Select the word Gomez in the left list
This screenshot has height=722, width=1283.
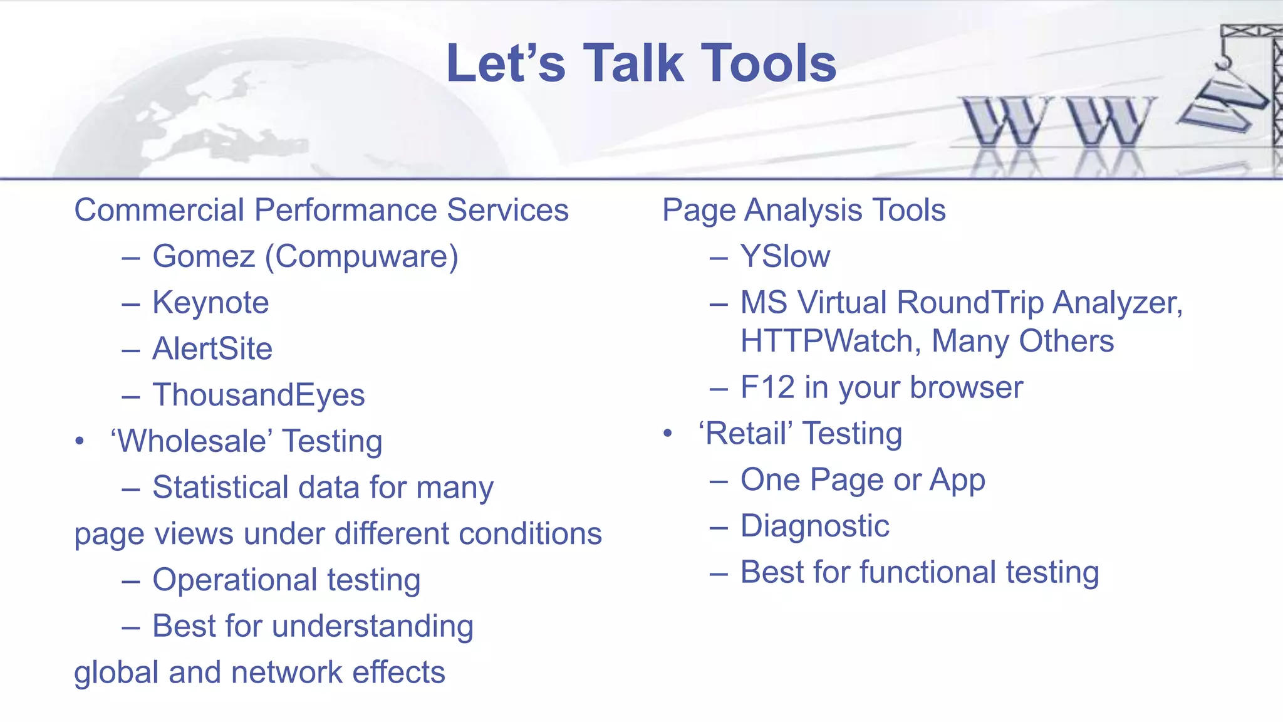pos(204,256)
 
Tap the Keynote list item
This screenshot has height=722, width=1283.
pos(210,303)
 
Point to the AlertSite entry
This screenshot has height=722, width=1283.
pos(212,349)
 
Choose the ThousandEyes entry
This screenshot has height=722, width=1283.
pos(258,395)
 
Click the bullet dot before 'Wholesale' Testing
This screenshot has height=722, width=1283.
pos(79,441)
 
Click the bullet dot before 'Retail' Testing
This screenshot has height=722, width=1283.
pos(668,433)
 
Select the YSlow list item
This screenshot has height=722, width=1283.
pos(785,256)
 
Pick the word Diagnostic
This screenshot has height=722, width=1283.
pos(814,526)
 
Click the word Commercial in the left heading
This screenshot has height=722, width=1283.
pos(159,210)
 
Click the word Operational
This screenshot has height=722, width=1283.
pos(234,580)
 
